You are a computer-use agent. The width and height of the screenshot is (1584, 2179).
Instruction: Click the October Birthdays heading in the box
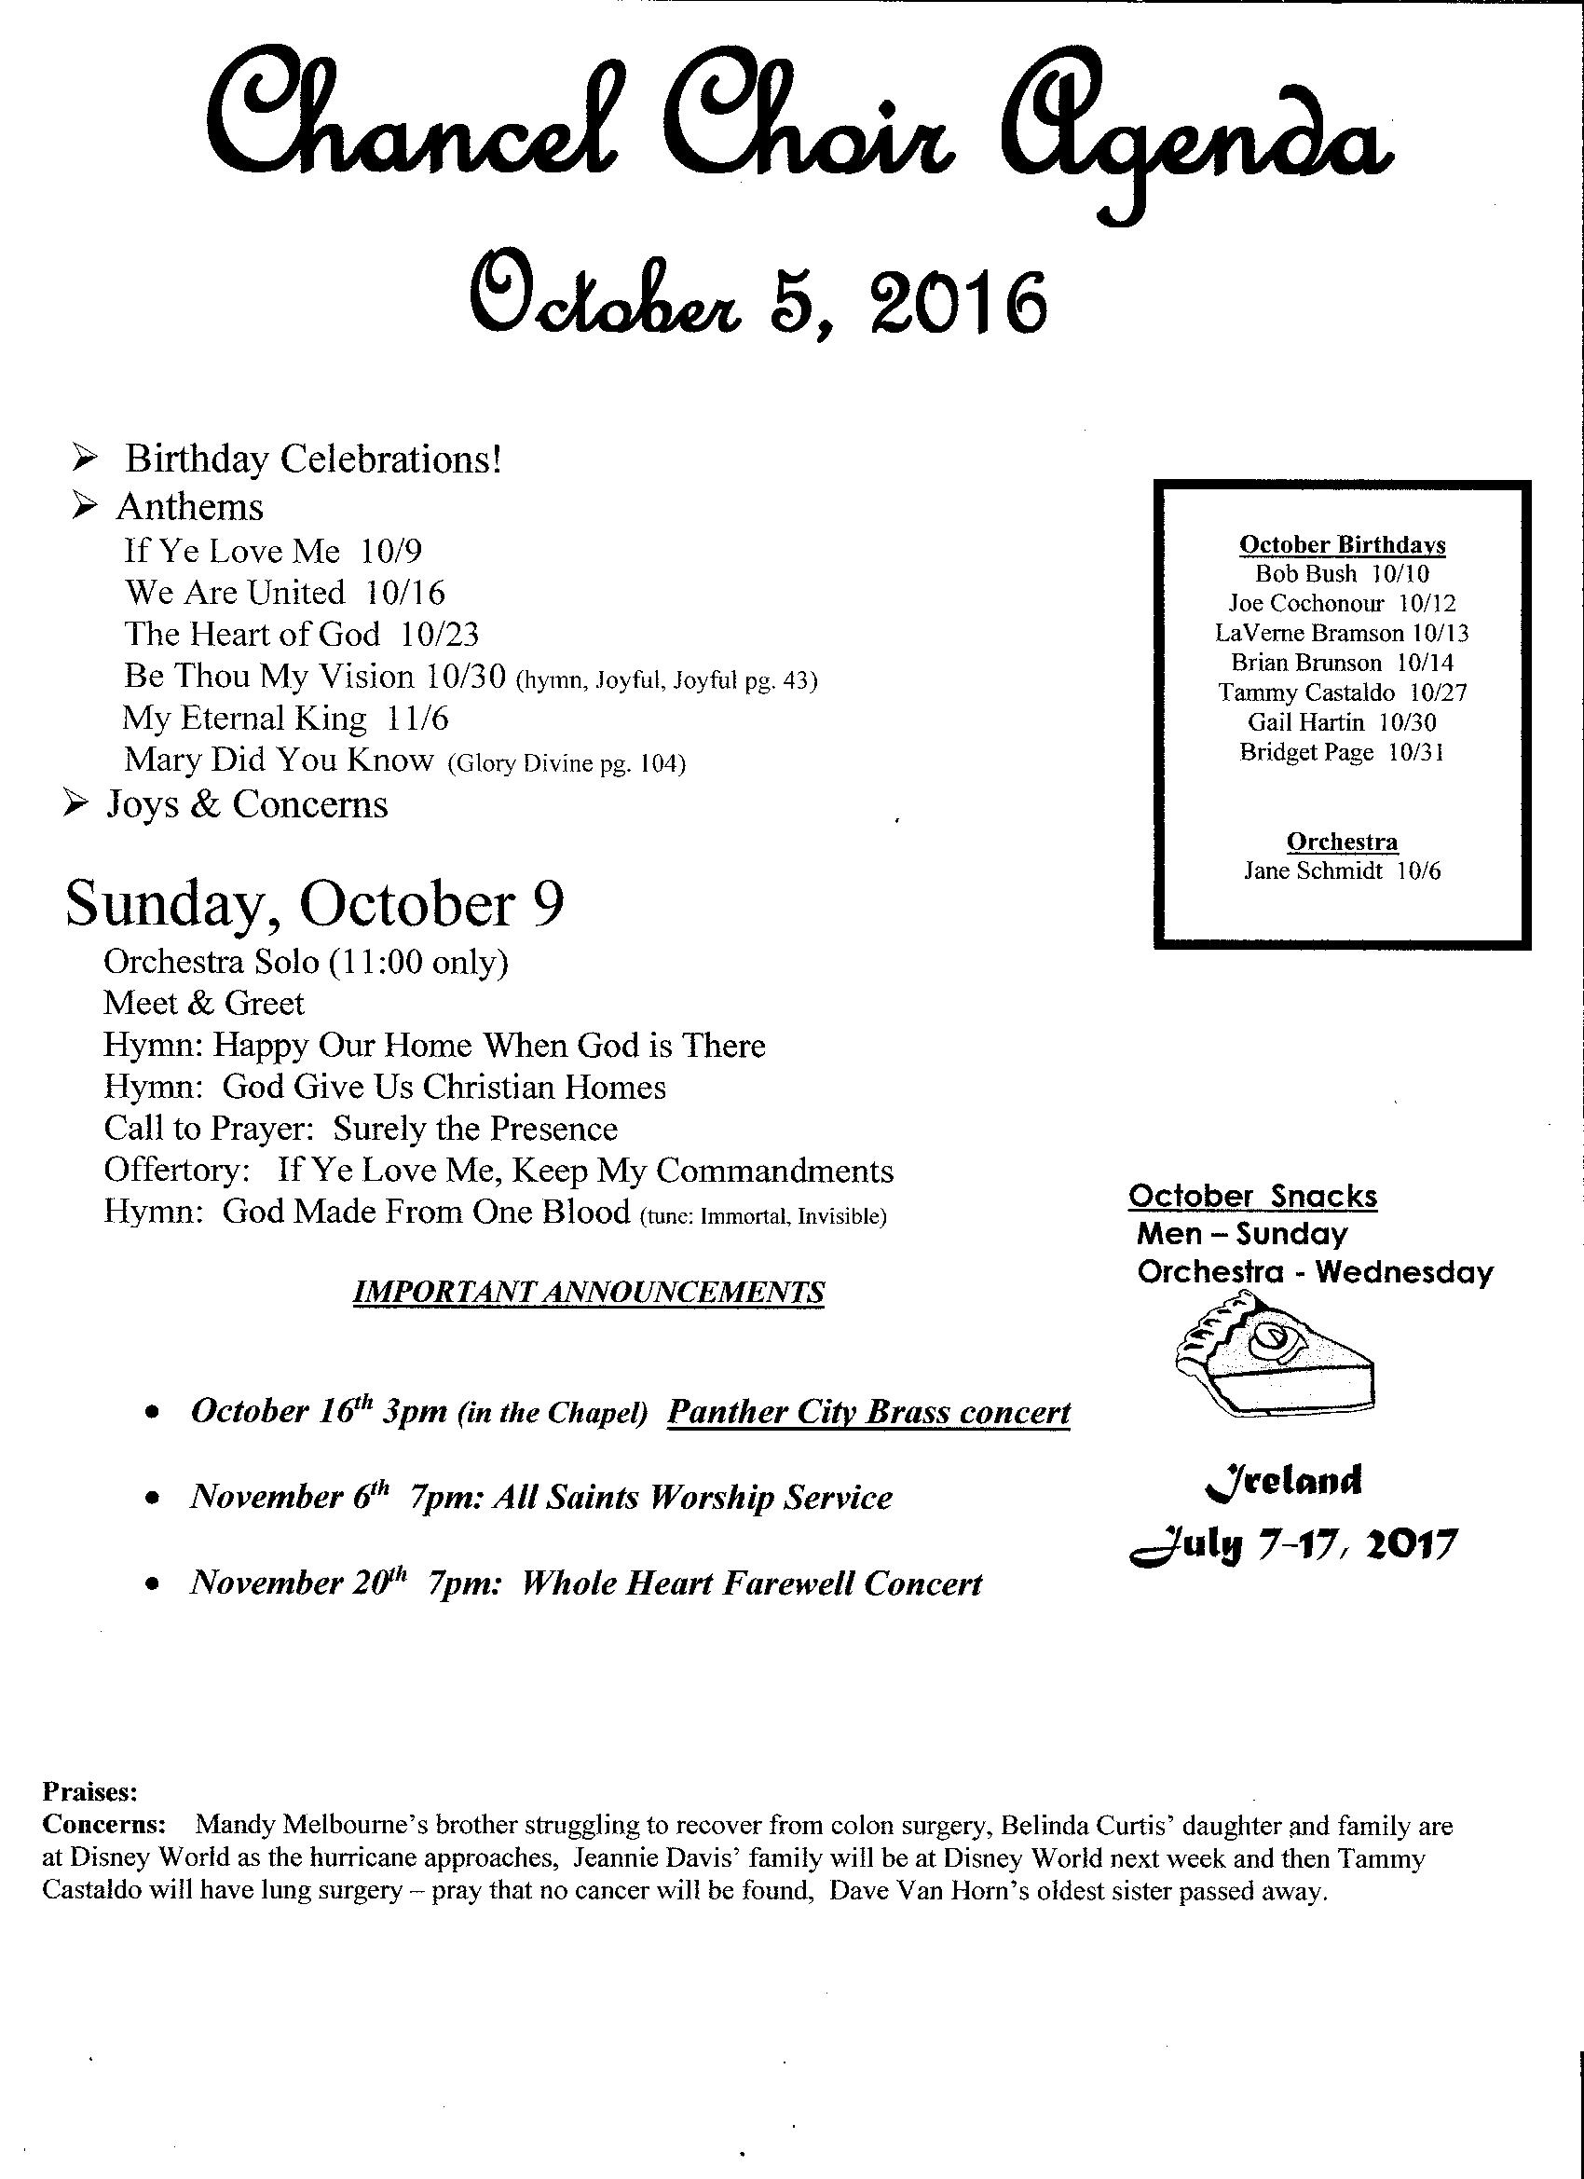coord(1342,544)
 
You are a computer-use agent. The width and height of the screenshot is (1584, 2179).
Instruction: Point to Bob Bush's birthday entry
coord(1342,574)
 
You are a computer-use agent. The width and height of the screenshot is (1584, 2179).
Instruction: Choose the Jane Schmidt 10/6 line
coord(1342,871)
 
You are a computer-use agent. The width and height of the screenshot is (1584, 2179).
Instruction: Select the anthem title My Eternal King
coord(244,718)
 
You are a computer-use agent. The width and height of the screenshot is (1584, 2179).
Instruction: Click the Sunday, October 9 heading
coord(314,904)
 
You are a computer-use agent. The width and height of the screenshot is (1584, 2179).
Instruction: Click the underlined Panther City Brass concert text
coord(868,1411)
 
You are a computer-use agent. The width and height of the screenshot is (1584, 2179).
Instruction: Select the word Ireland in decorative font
coord(1282,1481)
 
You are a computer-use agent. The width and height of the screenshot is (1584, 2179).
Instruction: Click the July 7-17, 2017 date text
coord(1292,1545)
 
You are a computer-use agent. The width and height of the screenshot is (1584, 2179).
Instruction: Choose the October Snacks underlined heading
coord(1252,1196)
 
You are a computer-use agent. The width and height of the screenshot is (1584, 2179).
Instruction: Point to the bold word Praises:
coord(90,1791)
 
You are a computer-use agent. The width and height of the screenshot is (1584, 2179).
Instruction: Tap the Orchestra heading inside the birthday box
coord(1342,842)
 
